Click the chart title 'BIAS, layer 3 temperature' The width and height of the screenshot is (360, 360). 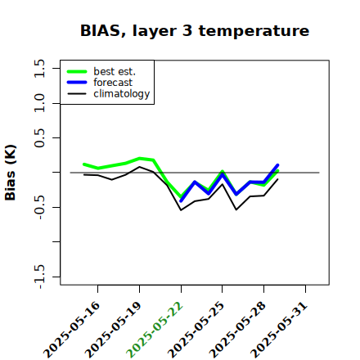[195, 31]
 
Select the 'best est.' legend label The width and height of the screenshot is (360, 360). [115, 71]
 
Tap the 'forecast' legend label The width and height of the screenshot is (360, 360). [113, 83]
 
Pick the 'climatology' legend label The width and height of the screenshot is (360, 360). [122, 94]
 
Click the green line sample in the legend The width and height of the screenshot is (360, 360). [77, 71]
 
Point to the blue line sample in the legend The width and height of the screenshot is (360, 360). [77, 83]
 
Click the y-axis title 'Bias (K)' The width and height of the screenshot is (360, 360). [11, 173]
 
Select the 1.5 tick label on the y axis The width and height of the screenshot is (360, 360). [39, 68]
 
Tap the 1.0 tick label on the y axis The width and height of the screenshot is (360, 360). [39, 103]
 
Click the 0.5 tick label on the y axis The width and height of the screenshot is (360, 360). [39, 138]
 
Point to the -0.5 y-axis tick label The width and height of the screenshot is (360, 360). [39, 207]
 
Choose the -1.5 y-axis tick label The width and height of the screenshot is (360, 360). [39, 277]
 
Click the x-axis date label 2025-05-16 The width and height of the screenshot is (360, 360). [72, 330]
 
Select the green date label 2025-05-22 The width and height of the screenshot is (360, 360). [155, 330]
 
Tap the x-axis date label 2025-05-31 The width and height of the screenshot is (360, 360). [279, 330]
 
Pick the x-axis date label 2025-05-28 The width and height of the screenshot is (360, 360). [237, 330]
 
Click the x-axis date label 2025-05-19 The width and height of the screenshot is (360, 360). [113, 330]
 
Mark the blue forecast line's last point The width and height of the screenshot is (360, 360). [278, 165]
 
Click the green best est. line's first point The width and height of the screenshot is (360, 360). [83, 164]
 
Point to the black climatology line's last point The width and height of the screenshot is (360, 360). [278, 179]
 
